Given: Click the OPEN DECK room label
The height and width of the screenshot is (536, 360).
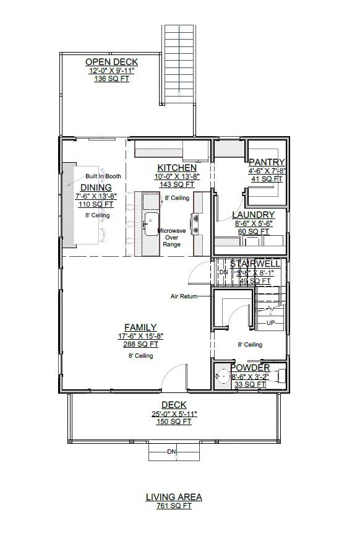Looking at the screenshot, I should click(111, 62).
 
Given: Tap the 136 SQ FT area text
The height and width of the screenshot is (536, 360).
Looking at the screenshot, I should click(111, 79).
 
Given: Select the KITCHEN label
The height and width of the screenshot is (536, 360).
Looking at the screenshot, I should click(177, 168).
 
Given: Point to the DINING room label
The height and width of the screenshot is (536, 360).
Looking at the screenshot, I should click(96, 188).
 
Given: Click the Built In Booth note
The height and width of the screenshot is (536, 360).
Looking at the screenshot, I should click(103, 176).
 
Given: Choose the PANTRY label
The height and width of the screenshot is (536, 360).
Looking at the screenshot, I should click(266, 162).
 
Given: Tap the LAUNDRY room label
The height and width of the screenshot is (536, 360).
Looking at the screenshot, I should click(253, 215).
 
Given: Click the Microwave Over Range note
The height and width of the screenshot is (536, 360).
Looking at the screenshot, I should click(171, 237).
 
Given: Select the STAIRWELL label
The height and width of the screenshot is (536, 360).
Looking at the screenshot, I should click(255, 264).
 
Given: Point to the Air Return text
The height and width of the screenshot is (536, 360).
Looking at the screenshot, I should click(184, 296).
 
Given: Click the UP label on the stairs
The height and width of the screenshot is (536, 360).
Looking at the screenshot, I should click(271, 324).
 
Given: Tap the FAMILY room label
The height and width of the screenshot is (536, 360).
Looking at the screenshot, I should click(140, 327).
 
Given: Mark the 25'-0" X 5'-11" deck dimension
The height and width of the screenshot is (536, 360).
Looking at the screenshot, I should click(174, 414).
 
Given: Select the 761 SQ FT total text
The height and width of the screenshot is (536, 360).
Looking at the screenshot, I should click(174, 506).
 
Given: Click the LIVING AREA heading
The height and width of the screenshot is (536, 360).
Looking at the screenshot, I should click(174, 496).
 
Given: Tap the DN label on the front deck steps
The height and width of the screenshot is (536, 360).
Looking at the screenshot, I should click(171, 452).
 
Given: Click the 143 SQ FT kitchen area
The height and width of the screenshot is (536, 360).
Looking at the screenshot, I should click(177, 184).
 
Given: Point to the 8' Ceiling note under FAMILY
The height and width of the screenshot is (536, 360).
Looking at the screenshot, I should click(140, 356).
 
